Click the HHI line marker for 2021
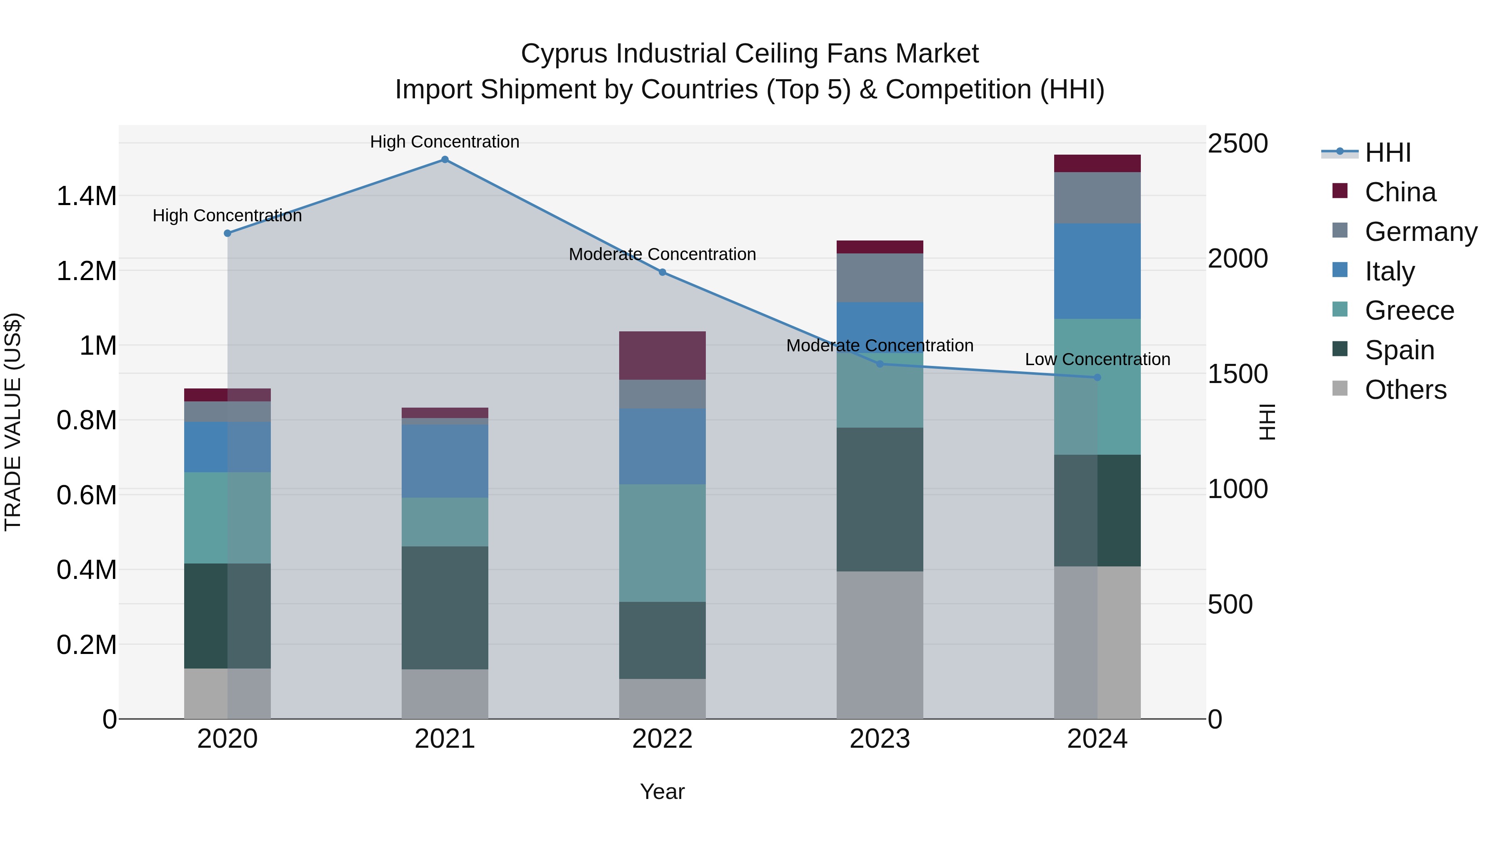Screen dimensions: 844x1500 click(x=445, y=160)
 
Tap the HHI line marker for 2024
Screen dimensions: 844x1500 click(x=1097, y=378)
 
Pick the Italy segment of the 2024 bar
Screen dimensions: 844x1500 click(x=1097, y=271)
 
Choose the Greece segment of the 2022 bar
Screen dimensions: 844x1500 click(x=662, y=543)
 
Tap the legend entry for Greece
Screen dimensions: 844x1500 click(x=1409, y=311)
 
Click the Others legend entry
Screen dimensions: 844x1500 click(x=1405, y=390)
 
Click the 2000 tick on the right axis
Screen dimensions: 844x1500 click(x=1237, y=258)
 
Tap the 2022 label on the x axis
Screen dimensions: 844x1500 click(x=662, y=739)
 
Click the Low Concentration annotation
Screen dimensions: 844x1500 click(x=1097, y=359)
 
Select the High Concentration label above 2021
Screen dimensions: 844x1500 click(x=445, y=142)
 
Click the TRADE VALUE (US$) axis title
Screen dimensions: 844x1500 click(x=13, y=422)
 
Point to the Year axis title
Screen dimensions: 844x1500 click(x=662, y=791)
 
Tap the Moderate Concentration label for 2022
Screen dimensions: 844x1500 click(x=662, y=255)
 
